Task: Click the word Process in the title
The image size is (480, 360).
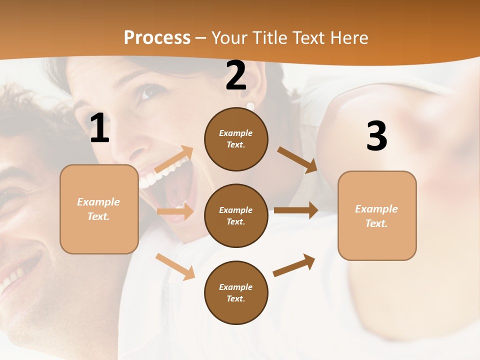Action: click(x=157, y=38)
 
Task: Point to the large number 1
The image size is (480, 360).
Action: click(x=99, y=128)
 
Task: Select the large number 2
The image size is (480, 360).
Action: click(x=236, y=75)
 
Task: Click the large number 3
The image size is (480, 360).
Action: click(x=376, y=136)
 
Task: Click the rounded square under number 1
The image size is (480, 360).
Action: click(x=99, y=209)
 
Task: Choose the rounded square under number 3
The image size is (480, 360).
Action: click(x=377, y=215)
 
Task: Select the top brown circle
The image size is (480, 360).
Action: click(x=236, y=139)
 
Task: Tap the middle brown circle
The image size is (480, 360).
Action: click(x=236, y=215)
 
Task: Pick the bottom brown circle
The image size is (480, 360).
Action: click(x=236, y=292)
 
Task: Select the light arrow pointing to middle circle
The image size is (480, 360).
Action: click(x=175, y=211)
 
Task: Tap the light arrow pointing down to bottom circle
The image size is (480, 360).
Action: click(x=175, y=266)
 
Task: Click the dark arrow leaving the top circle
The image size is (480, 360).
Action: click(x=297, y=159)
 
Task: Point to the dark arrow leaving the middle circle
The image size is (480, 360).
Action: click(x=296, y=210)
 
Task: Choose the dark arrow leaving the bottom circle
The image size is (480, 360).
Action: click(x=294, y=265)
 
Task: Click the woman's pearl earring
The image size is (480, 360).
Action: click(x=250, y=106)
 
